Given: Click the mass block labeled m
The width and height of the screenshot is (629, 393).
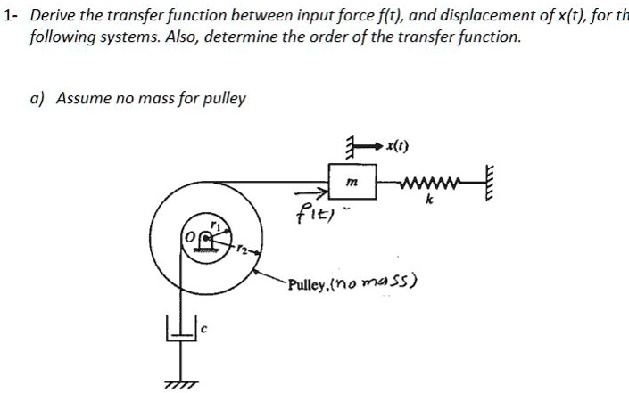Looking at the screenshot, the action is tap(352, 182).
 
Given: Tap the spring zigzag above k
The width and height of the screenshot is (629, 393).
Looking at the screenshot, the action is tap(429, 183).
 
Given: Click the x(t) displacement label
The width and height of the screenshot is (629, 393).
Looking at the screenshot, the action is tap(397, 146).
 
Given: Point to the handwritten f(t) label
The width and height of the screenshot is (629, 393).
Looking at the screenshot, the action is tap(315, 213).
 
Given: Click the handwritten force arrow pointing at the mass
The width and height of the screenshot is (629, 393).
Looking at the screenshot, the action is tap(311, 193).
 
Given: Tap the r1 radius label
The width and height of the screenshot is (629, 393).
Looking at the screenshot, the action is tap(216, 226).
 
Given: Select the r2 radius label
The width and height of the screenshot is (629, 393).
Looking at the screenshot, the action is tap(242, 249).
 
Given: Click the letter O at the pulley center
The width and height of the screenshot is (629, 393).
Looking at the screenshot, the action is tap(189, 237).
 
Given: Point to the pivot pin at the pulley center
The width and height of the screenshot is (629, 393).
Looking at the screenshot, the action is tap(206, 238).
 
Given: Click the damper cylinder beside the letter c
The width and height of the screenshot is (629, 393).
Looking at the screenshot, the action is tap(182, 329).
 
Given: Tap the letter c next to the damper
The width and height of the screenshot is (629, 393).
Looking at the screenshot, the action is tap(203, 330).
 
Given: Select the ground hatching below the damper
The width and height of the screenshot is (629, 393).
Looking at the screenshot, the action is tap(181, 384).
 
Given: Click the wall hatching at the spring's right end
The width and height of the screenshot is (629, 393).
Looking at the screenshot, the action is tap(489, 183).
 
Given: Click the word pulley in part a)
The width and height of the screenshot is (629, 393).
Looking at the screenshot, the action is tap(224, 99).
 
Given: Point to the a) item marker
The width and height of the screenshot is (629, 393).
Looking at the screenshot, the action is tap(37, 99).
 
